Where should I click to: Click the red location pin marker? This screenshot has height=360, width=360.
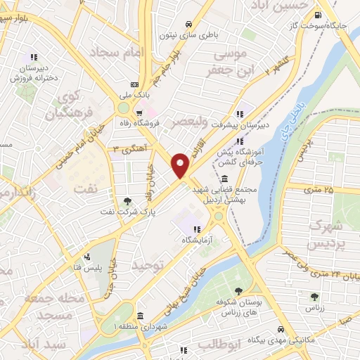pos(181,165)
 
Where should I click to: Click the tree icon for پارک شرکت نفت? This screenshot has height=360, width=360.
pos(127,200)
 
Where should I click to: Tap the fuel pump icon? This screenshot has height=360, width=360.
pos(319,15)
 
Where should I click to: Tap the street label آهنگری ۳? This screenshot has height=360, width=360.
pos(129,148)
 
